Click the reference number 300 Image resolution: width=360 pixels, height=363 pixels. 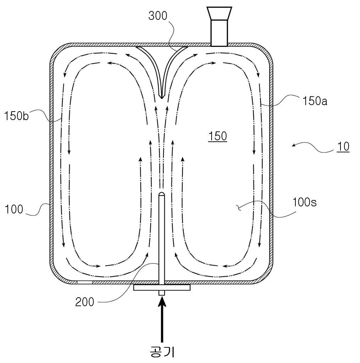[158, 16]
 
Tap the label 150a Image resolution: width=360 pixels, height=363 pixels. [315, 101]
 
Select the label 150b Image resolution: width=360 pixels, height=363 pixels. [16, 115]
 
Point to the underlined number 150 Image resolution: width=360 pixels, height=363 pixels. [218, 136]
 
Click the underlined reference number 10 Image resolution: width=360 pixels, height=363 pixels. [343, 147]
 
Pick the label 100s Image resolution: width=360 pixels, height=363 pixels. [305, 202]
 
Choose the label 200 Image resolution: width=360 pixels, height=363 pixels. [85, 302]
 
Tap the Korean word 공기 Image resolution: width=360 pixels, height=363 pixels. [162, 352]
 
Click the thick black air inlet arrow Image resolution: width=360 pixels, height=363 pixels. [162, 319]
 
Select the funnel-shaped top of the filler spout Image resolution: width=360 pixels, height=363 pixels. [219, 13]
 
